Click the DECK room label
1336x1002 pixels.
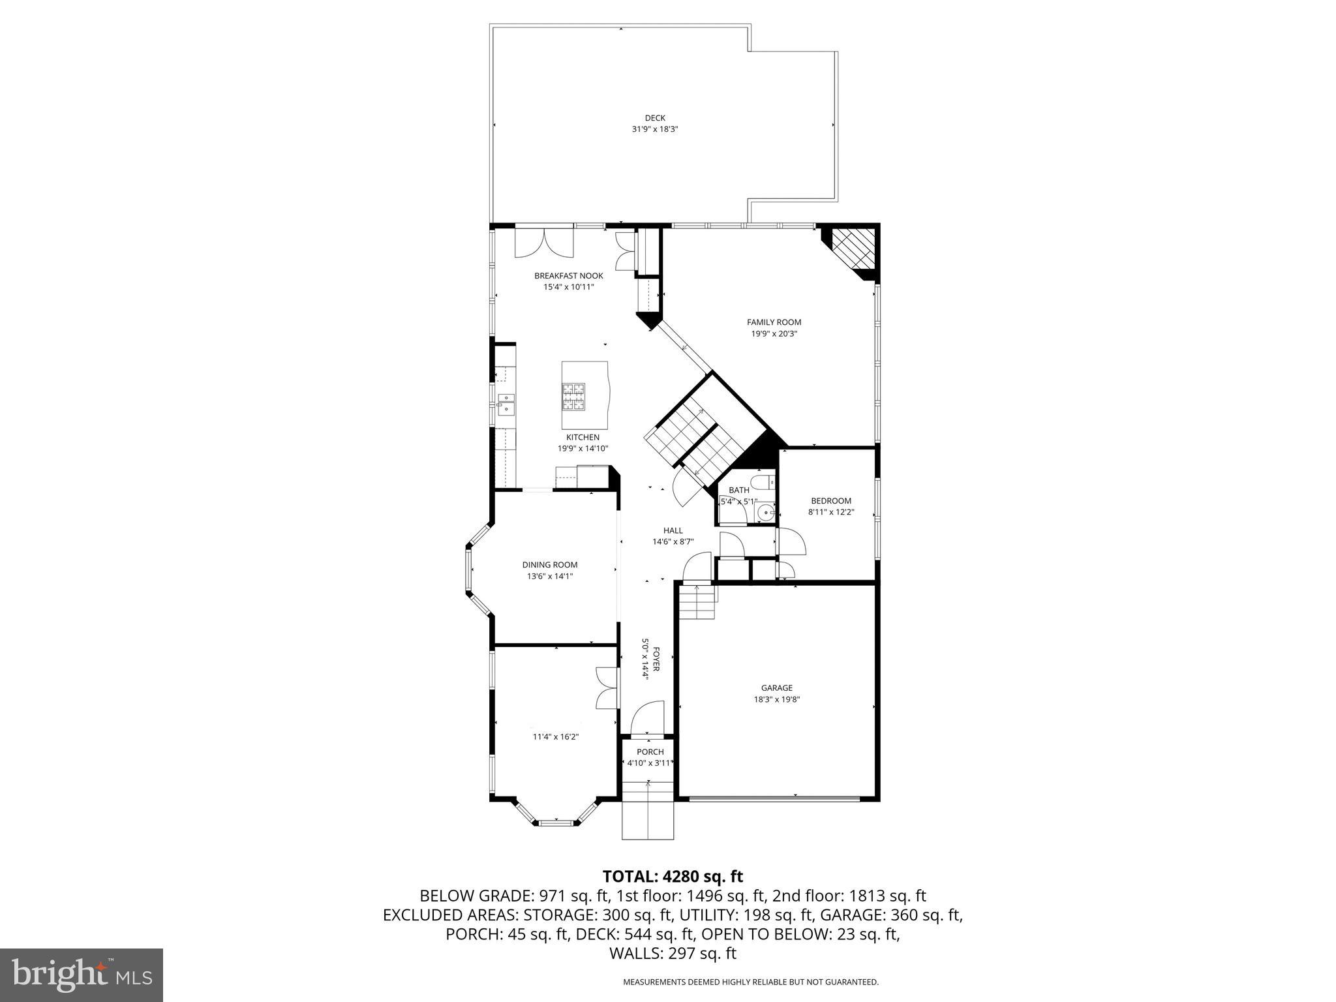click(x=654, y=118)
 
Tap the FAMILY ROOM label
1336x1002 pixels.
click(x=774, y=322)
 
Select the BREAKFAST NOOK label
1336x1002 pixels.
click(x=568, y=276)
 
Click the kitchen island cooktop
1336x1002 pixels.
click(x=574, y=396)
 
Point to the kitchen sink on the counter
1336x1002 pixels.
click(x=506, y=404)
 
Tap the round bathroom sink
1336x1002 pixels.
click(x=765, y=514)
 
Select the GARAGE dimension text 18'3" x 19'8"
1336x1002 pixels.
click(x=776, y=699)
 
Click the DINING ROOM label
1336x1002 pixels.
click(x=549, y=565)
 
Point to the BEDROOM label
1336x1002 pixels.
click(x=831, y=501)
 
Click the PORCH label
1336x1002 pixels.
click(x=650, y=752)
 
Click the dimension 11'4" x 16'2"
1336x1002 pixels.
click(x=556, y=736)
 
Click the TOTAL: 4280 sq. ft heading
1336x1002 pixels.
click(x=673, y=876)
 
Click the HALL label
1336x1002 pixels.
click(x=673, y=530)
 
